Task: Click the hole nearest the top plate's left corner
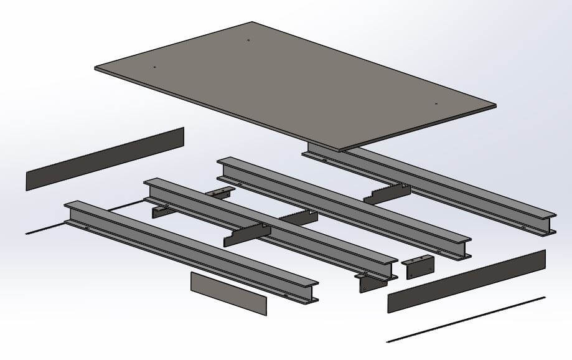click(154, 67)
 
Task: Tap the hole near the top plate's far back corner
click(248, 40)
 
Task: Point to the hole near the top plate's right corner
click(436, 103)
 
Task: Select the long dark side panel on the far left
click(105, 159)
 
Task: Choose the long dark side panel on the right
click(467, 281)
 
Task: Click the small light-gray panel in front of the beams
click(228, 293)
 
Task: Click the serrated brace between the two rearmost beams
click(387, 192)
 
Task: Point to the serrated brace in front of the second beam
click(247, 234)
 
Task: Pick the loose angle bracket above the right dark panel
click(416, 267)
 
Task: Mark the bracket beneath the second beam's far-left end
click(163, 211)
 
